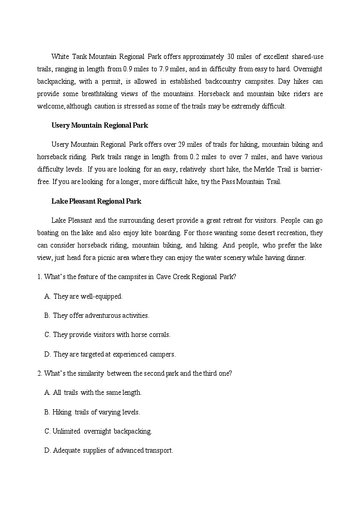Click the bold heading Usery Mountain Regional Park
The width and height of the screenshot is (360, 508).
(99, 125)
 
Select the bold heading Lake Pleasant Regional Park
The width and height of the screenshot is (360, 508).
(96, 201)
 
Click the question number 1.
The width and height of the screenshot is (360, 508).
(39, 276)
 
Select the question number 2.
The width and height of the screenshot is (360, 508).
(39, 373)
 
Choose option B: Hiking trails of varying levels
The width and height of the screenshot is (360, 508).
(96, 412)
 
